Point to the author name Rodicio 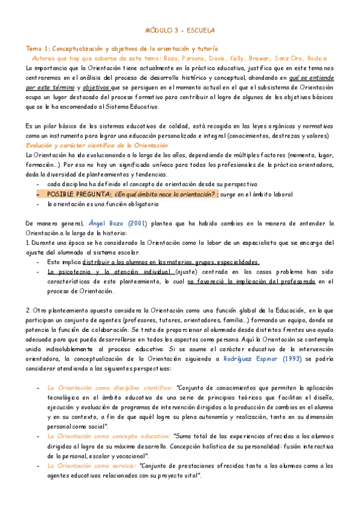pos(316,58)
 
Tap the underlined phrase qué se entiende pos(311,77)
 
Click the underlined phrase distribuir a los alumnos pos(123,262)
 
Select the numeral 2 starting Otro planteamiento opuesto pos(28,310)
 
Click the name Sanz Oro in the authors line pos(288,58)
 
